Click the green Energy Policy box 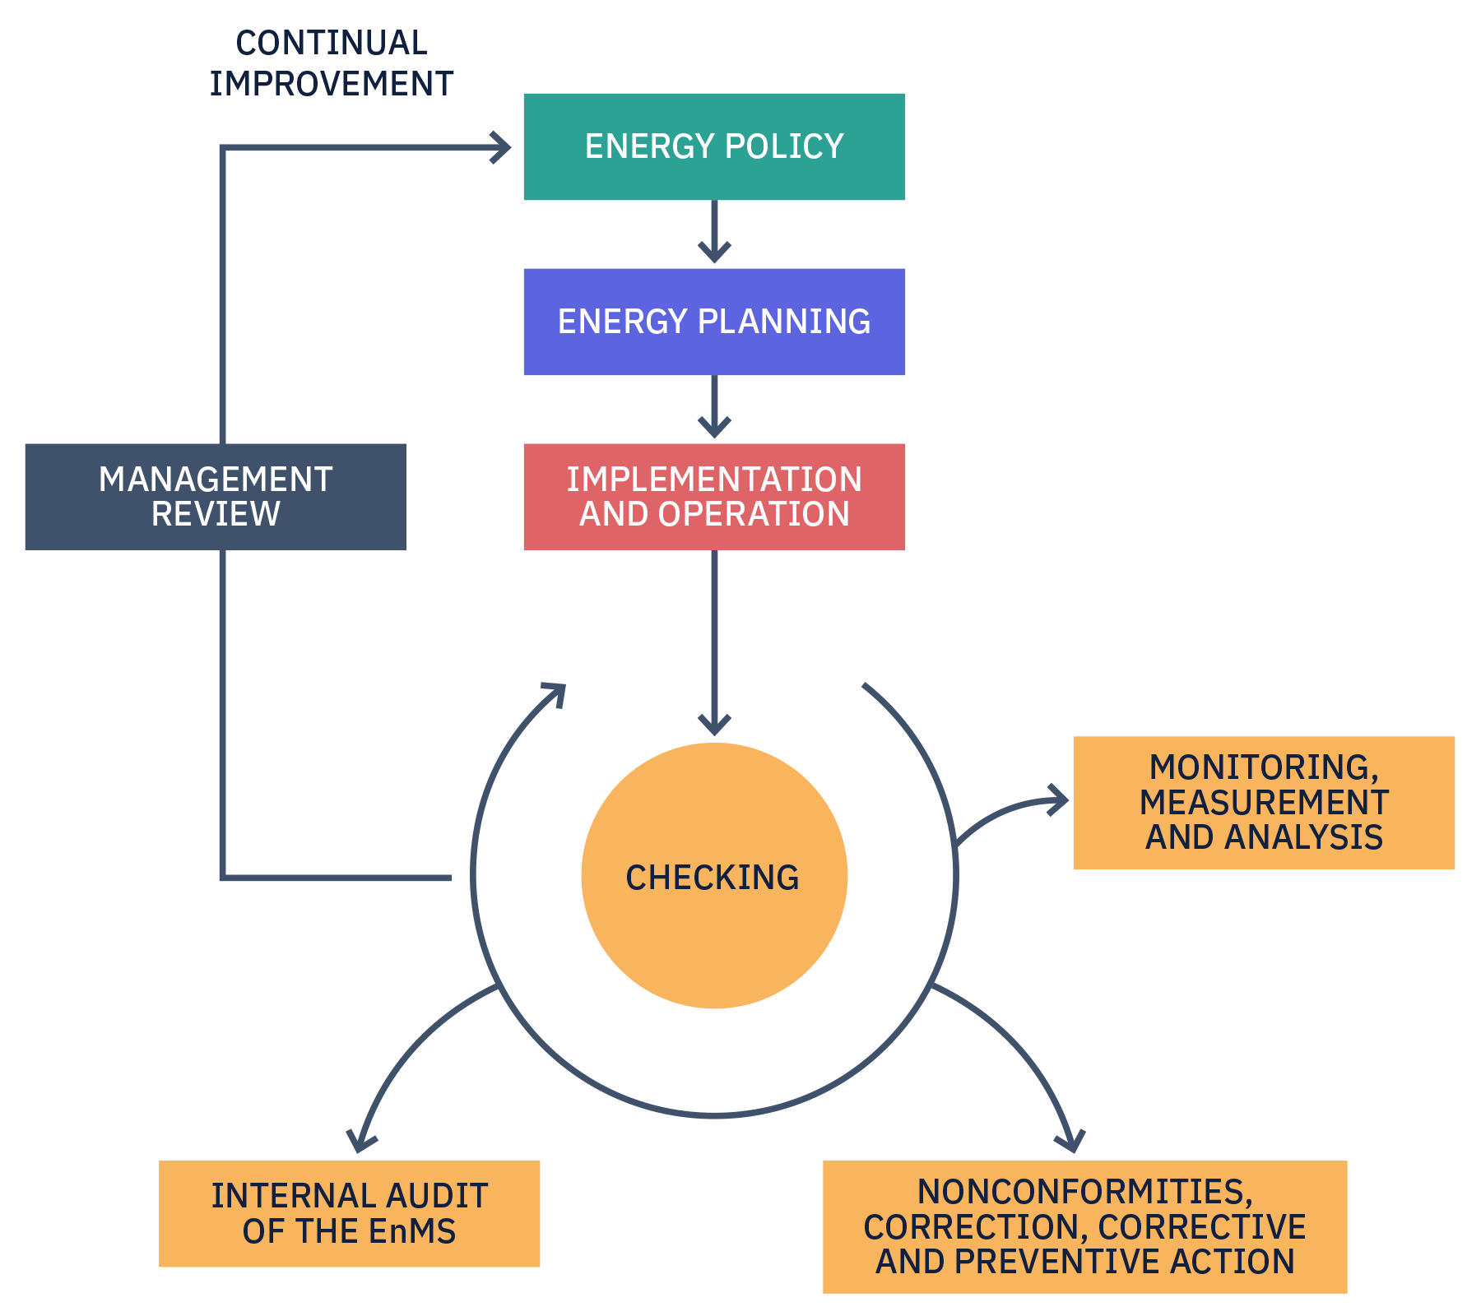[714, 146]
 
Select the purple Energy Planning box [714, 322]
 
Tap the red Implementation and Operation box [714, 497]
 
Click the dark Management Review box [216, 497]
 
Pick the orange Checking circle [714, 876]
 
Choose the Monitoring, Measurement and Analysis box [1264, 803]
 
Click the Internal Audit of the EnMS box [349, 1213]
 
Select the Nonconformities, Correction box [1084, 1226]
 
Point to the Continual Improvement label [331, 63]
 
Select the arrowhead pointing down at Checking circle [714, 724]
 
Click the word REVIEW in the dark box [216, 515]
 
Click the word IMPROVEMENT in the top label [331, 84]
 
